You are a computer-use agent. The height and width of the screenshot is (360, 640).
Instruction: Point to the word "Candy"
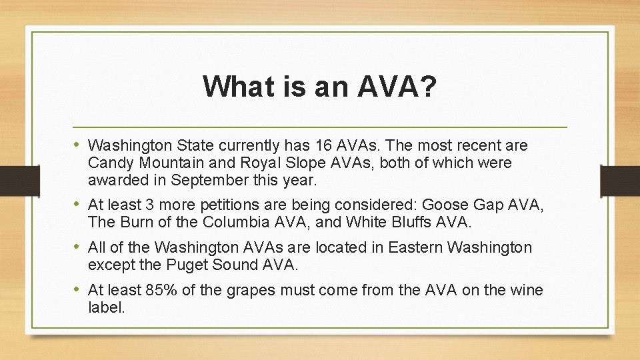coord(111,163)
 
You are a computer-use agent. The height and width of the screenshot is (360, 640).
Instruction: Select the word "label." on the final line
coord(106,307)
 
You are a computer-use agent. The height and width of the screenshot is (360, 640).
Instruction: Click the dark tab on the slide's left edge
coord(11,180)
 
